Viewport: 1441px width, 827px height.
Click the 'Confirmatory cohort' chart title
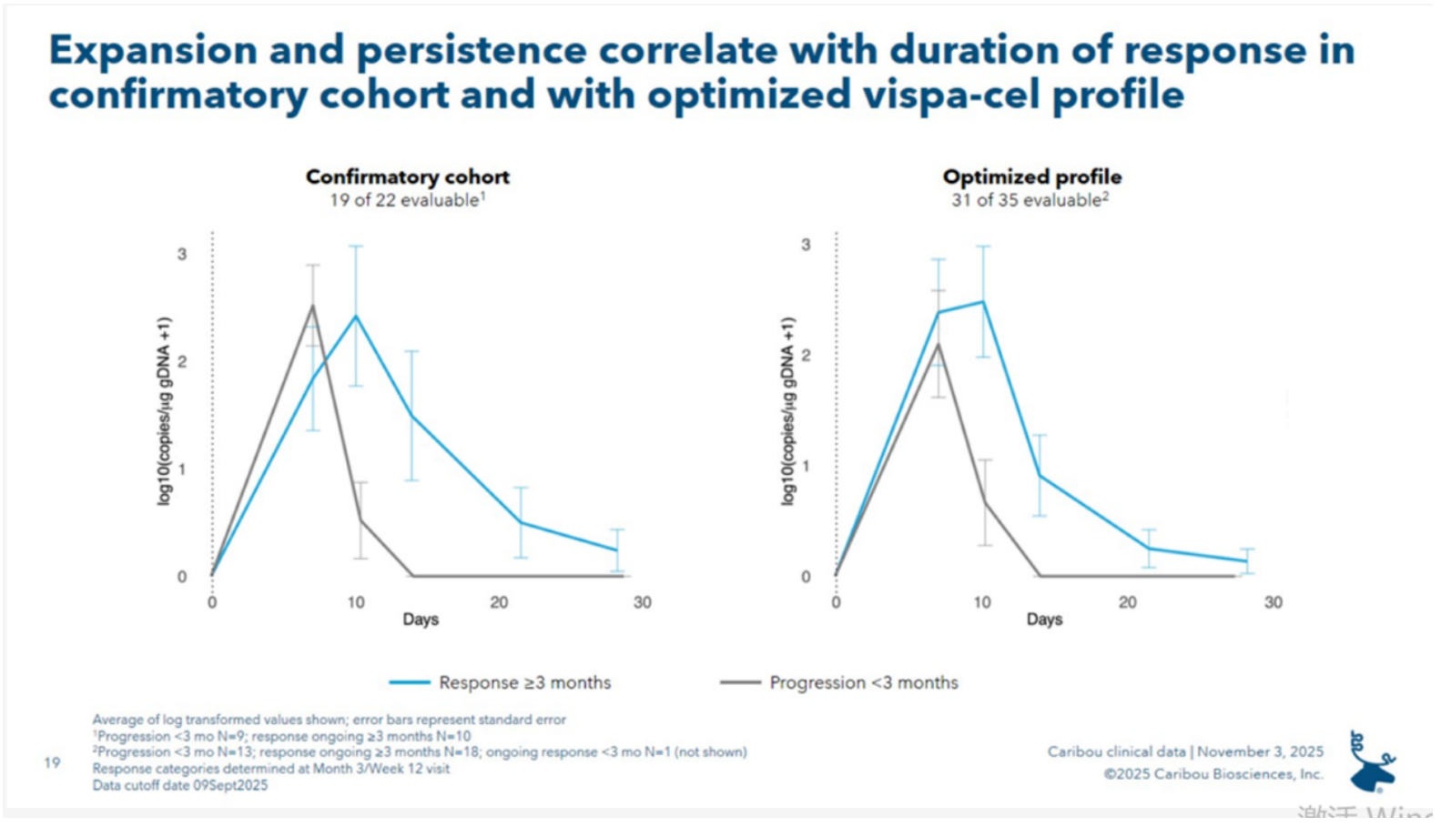click(x=407, y=176)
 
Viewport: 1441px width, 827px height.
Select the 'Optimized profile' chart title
click(x=1031, y=176)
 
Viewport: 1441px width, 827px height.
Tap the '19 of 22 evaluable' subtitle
click(x=406, y=200)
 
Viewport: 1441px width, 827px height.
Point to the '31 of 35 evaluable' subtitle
click(x=1029, y=200)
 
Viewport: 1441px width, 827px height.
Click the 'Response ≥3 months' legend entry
click(x=523, y=682)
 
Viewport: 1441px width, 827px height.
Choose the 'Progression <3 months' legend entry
click(x=863, y=682)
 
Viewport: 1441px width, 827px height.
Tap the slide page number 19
click(x=53, y=762)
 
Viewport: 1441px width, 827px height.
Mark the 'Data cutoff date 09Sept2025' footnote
click(x=180, y=785)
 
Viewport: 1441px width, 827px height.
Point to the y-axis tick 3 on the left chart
click(x=182, y=254)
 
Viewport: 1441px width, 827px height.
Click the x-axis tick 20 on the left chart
click(x=499, y=602)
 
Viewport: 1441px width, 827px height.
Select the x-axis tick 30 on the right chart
click(x=1273, y=602)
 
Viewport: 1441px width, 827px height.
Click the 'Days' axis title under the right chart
click(x=1044, y=620)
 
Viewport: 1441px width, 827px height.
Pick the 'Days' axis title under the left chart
click(x=421, y=620)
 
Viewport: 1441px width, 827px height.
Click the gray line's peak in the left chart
click(x=312, y=306)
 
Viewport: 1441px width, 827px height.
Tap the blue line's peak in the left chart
click(x=355, y=316)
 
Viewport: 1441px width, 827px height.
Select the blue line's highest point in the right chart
click(x=982, y=302)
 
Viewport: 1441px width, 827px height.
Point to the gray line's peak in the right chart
click(x=938, y=344)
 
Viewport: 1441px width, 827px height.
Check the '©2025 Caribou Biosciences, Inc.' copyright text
click(x=1213, y=774)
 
